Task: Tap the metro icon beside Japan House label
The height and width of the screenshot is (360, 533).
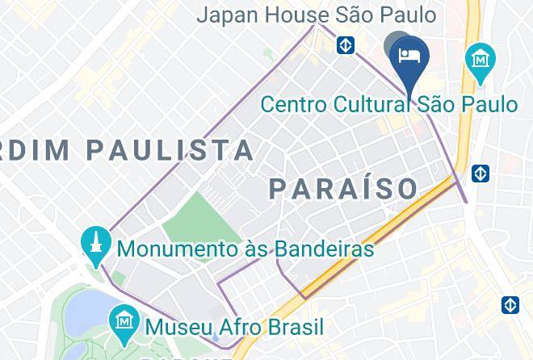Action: pos(346,44)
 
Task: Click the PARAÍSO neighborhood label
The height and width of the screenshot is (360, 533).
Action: pos(343,189)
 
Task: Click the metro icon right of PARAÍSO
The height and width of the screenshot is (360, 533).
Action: pos(481,173)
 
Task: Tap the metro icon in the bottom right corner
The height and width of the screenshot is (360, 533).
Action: pos(510,305)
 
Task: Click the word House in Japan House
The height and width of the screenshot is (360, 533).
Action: pos(298,15)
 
